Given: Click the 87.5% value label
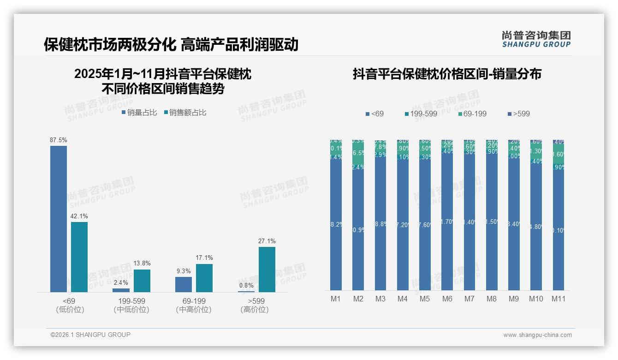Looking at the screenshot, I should (59, 140).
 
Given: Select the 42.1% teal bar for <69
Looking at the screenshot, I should (79, 257).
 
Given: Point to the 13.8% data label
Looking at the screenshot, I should (142, 264).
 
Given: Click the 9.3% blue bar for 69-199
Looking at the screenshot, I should (184, 284).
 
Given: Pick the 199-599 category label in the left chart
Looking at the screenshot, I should (132, 301).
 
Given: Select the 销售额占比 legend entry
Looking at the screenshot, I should (185, 113).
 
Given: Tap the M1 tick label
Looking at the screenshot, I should (336, 299).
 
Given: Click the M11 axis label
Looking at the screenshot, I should (559, 299).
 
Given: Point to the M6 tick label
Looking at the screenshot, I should (447, 299).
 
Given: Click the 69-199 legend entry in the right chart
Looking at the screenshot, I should (473, 114).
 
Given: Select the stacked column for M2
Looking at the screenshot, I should (358, 215).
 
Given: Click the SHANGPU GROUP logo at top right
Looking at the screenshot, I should (536, 39).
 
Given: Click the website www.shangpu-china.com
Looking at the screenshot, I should (537, 335).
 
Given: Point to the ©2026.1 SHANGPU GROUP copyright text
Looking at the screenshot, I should (90, 335).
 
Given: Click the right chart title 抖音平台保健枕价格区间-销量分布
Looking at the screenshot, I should (447, 74).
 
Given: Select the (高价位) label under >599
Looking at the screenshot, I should (255, 310).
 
